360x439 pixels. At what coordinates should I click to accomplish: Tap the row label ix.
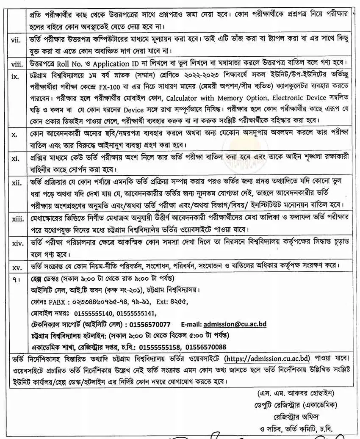tap(15, 77)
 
